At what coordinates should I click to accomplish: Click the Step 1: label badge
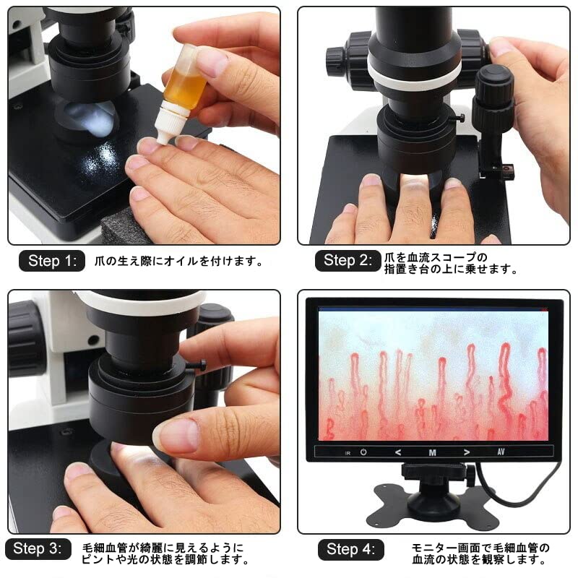tap(51, 261)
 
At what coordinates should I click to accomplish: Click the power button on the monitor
tap(363, 452)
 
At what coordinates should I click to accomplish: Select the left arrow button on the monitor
tap(397, 452)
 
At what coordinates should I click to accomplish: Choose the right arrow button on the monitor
tap(467, 452)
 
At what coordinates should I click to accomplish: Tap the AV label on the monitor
tap(501, 452)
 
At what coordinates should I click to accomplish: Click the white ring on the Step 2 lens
tap(414, 73)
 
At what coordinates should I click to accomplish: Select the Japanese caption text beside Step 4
tap(481, 553)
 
